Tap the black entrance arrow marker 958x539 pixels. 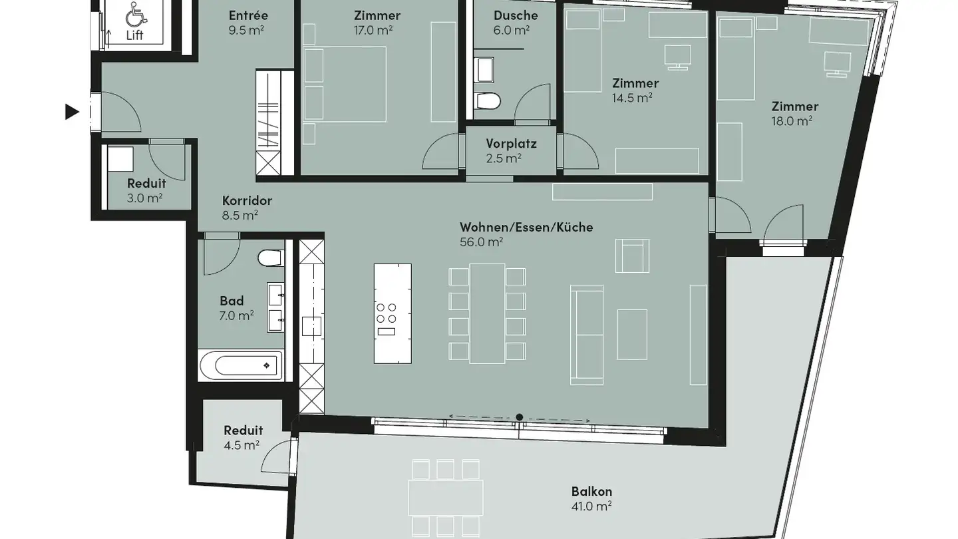[72, 112]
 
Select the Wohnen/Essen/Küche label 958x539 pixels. [526, 228]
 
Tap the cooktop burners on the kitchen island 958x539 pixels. [387, 313]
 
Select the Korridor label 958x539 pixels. [247, 201]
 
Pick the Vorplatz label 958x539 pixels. [511, 144]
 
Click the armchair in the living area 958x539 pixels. [631, 256]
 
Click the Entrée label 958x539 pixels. [248, 15]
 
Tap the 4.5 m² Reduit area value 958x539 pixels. [242, 445]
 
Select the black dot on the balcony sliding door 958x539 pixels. [519, 417]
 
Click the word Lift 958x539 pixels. [135, 35]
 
